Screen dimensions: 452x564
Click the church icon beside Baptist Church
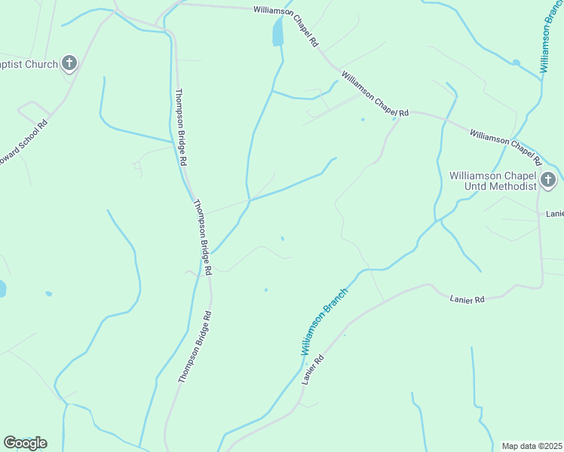[69, 63]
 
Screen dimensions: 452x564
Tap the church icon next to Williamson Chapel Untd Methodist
[548, 180]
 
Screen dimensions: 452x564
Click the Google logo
[25, 443]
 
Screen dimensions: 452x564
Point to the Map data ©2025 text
[532, 446]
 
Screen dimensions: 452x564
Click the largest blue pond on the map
[278, 32]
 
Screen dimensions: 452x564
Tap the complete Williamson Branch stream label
[325, 321]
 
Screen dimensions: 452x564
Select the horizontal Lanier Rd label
[467, 299]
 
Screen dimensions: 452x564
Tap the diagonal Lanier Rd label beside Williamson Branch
[312, 370]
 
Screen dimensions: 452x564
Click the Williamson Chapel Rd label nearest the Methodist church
[506, 147]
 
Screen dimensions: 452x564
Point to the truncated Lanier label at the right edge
[554, 214]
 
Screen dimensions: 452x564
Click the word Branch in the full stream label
[336, 306]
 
